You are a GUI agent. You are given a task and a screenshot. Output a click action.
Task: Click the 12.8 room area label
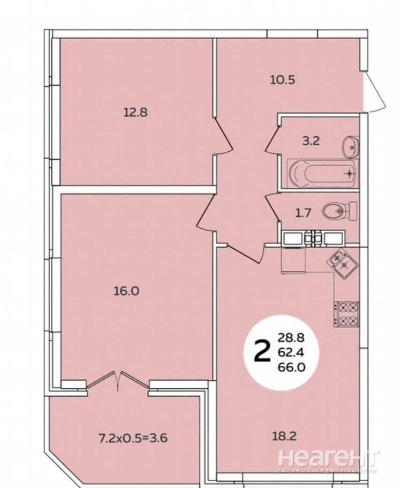(135, 112)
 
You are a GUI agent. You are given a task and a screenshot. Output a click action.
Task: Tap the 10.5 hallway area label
(283, 80)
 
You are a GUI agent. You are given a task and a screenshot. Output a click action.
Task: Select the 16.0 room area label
(126, 291)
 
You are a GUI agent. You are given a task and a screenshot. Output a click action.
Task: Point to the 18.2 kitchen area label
(284, 437)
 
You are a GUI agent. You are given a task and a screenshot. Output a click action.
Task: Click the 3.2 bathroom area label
(311, 141)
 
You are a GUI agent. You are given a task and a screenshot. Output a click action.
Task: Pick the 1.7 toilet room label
(303, 213)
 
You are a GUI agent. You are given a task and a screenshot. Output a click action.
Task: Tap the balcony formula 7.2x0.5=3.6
(133, 438)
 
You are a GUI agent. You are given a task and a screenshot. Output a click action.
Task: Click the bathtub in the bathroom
(322, 173)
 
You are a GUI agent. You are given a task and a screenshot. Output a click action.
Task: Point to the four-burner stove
(346, 314)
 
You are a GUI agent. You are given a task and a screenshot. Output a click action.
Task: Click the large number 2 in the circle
(262, 351)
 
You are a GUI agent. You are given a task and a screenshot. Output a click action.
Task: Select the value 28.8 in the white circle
(291, 337)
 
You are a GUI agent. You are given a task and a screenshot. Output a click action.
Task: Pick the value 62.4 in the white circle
(291, 352)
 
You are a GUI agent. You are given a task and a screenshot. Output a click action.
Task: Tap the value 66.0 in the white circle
(291, 367)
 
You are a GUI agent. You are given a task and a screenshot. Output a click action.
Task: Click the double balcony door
(118, 380)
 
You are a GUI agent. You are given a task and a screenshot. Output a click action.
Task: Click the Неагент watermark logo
(328, 458)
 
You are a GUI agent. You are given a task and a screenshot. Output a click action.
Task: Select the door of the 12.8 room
(223, 136)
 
